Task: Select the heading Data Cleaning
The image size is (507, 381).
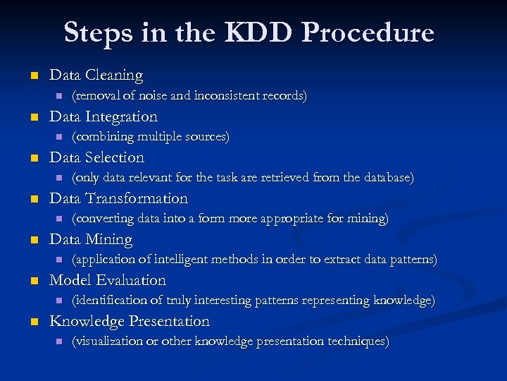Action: (96, 75)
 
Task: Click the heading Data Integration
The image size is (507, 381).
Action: (104, 116)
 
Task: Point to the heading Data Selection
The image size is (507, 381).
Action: (96, 157)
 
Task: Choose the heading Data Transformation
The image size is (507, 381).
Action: (119, 198)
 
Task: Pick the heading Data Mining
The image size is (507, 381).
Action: (91, 239)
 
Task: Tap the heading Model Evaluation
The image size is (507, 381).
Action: (108, 280)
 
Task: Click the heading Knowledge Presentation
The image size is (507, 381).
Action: (130, 321)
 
